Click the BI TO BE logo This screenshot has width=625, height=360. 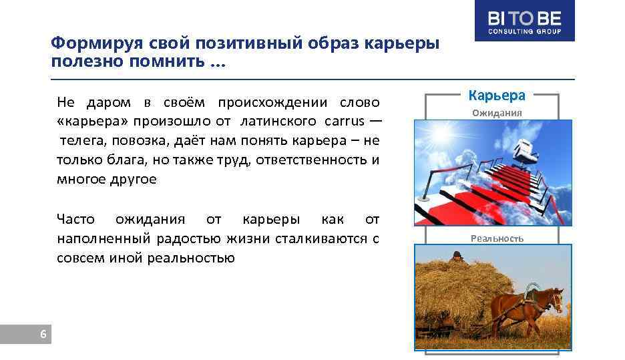click(x=524, y=20)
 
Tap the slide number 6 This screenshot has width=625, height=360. click(x=43, y=335)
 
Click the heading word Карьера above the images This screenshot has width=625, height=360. click(x=497, y=96)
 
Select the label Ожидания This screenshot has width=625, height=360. click(x=497, y=113)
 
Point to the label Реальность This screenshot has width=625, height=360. click(x=497, y=238)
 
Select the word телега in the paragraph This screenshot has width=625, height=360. click(x=83, y=141)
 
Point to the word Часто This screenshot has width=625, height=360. click(x=75, y=219)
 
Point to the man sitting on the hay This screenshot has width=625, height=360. click(x=455, y=257)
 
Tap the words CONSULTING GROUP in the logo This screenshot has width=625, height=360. click(x=524, y=31)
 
